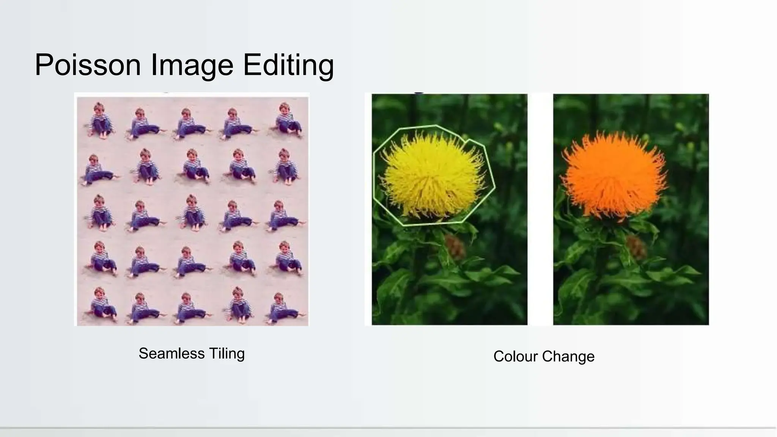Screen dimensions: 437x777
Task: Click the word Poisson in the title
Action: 88,65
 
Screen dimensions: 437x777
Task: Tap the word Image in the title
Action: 192,65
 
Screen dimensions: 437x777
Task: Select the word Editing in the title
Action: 288,65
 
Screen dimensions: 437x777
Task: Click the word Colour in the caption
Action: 516,357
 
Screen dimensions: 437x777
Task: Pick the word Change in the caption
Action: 568,357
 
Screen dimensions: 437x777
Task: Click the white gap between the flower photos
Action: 540,209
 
